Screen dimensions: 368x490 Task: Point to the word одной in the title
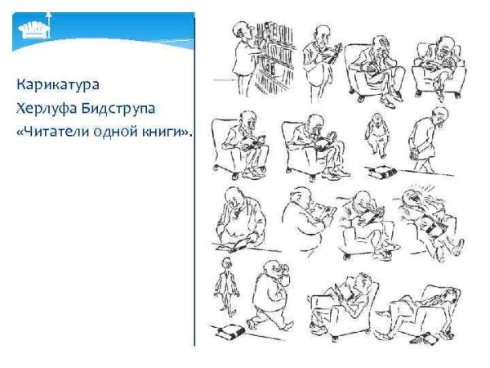click(110, 131)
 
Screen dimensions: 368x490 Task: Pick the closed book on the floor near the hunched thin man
click(382, 171)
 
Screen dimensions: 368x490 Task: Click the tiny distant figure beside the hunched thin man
click(376, 129)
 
